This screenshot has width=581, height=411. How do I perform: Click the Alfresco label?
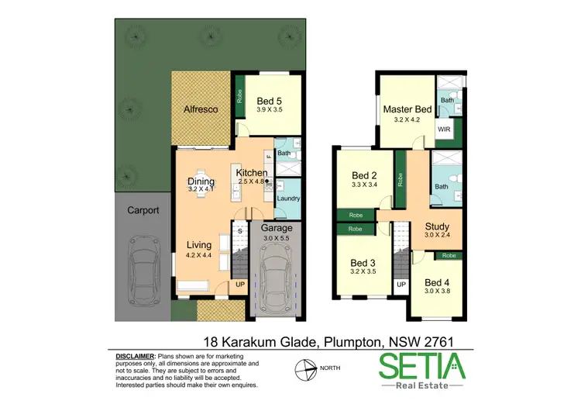tap(201, 109)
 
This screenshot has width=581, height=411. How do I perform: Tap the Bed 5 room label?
tap(270, 100)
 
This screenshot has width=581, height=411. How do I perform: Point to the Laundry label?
tap(288, 198)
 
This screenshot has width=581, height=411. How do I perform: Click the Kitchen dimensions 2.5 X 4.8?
tap(251, 181)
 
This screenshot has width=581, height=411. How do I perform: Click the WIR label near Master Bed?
tap(445, 130)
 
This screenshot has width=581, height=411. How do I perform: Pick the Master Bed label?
tap(407, 109)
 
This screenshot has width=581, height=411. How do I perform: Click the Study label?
tap(437, 226)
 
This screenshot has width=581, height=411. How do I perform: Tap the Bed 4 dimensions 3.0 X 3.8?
tap(437, 292)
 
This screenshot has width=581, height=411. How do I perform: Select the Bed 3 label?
tap(363, 263)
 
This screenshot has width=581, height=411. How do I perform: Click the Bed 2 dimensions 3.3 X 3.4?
tap(364, 185)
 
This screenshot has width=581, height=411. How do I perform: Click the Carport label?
tap(143, 209)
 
